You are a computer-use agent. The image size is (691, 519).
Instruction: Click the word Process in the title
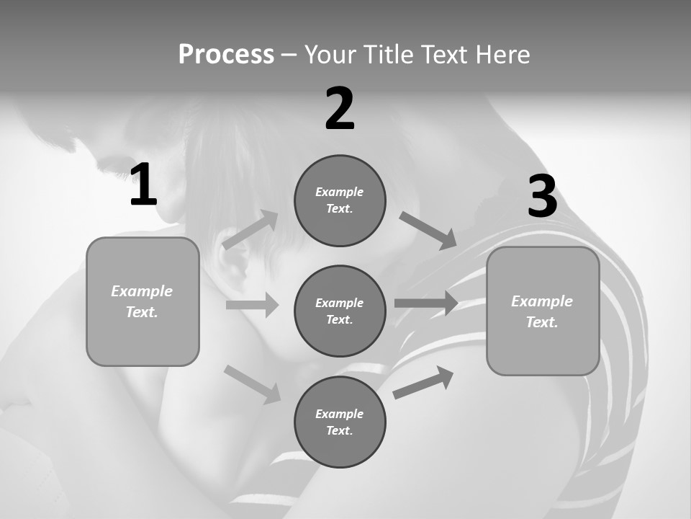(226, 55)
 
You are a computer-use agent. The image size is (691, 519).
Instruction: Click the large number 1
(143, 185)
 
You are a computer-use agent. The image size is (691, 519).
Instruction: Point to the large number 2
(340, 109)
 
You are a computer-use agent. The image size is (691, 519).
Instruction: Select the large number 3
(542, 197)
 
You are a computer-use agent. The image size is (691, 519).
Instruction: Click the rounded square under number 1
(143, 301)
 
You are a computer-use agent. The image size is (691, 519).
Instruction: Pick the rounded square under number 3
(543, 311)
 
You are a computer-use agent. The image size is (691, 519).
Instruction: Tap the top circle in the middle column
(340, 200)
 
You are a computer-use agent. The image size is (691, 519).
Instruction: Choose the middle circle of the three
(340, 311)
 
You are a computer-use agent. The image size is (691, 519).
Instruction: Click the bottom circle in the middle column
(340, 422)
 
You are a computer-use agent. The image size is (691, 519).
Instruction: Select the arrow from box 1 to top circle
(250, 230)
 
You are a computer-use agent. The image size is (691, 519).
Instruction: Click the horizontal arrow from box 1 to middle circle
(252, 305)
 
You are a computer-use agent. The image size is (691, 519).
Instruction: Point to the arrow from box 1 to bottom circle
(252, 383)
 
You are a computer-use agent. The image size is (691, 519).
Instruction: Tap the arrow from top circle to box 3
(428, 231)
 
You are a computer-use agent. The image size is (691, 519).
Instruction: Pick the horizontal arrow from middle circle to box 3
(426, 303)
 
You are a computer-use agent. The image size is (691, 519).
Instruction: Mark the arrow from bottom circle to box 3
(423, 382)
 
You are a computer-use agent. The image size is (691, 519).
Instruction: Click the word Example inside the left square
(142, 291)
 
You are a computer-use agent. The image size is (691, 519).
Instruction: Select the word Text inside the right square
(541, 322)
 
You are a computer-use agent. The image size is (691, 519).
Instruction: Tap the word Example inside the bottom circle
(339, 414)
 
